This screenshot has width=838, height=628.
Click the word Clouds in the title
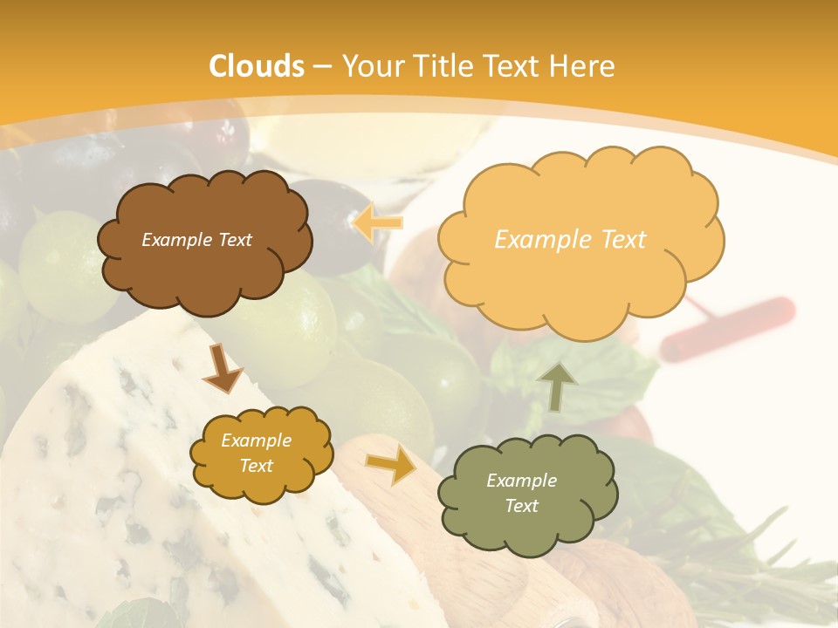257,66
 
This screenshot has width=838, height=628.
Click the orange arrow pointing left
378,223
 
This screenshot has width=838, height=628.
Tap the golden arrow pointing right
391,465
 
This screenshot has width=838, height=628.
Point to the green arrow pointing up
559,386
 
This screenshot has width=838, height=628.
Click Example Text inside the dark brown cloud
196,239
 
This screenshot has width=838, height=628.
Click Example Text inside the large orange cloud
570,239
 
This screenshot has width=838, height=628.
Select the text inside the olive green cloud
521,493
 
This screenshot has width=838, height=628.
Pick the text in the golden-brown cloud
256,453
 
